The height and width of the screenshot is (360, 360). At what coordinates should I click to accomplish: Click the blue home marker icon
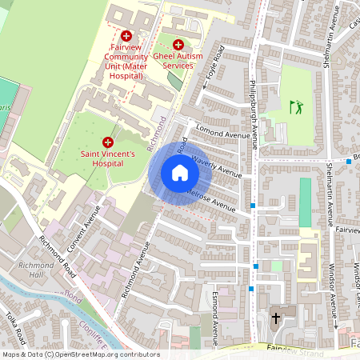(180, 173)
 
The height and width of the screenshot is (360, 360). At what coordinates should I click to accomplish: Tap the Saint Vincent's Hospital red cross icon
(108, 141)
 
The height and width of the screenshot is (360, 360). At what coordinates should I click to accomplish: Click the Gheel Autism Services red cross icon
(178, 45)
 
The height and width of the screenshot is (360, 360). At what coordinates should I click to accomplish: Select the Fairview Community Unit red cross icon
(126, 36)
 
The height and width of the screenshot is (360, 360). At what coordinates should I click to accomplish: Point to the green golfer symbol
(297, 106)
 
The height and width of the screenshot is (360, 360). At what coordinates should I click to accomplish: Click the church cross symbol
(276, 318)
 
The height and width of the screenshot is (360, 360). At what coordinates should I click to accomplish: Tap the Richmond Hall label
(36, 269)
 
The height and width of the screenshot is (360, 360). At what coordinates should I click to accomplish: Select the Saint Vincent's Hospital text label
(107, 158)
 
